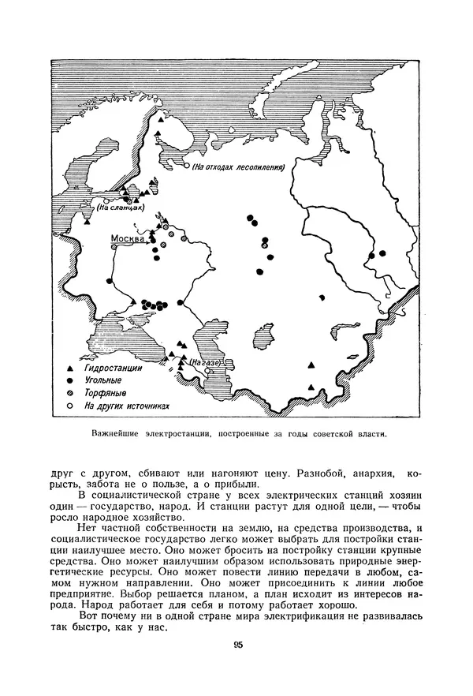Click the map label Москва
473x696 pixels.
point(128,238)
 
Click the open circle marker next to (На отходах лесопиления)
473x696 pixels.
point(187,167)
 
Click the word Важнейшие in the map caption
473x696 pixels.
point(117,433)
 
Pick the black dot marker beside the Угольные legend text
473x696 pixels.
point(69,380)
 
